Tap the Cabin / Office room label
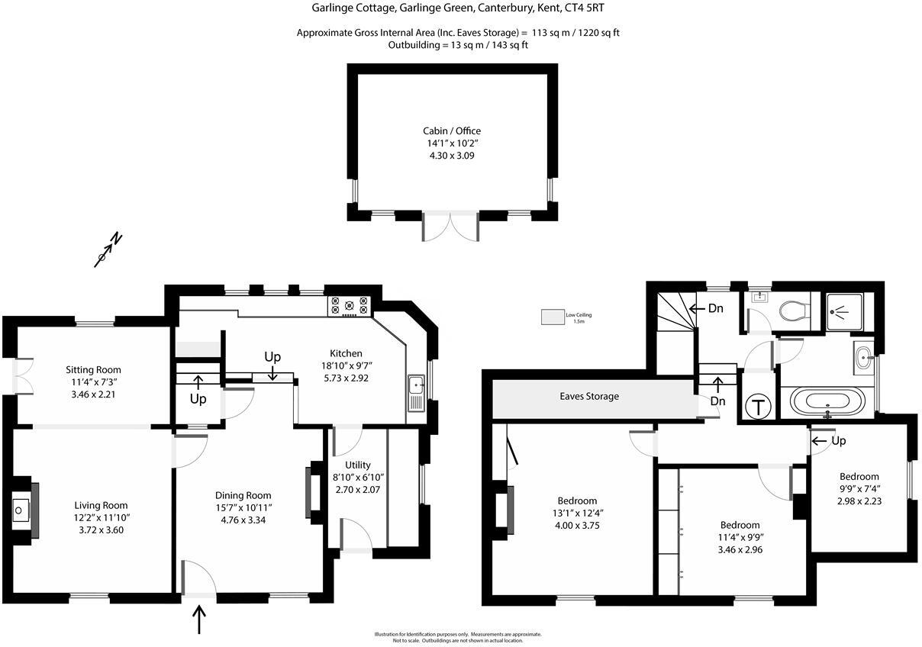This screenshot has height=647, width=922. point(452,130)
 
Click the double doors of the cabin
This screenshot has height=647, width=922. point(450,227)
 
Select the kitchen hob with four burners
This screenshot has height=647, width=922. point(349,306)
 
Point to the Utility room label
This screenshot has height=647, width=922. point(357,465)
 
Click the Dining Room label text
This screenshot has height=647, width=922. point(243,495)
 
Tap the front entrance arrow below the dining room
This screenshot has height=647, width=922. point(200,619)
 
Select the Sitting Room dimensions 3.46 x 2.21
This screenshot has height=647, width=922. point(93,394)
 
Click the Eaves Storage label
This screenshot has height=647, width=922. point(588,396)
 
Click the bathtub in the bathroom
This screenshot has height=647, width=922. point(827,400)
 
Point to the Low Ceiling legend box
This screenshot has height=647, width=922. point(552,317)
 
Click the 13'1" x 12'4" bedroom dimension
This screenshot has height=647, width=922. point(576,513)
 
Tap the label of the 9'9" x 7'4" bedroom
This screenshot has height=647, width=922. point(859,476)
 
